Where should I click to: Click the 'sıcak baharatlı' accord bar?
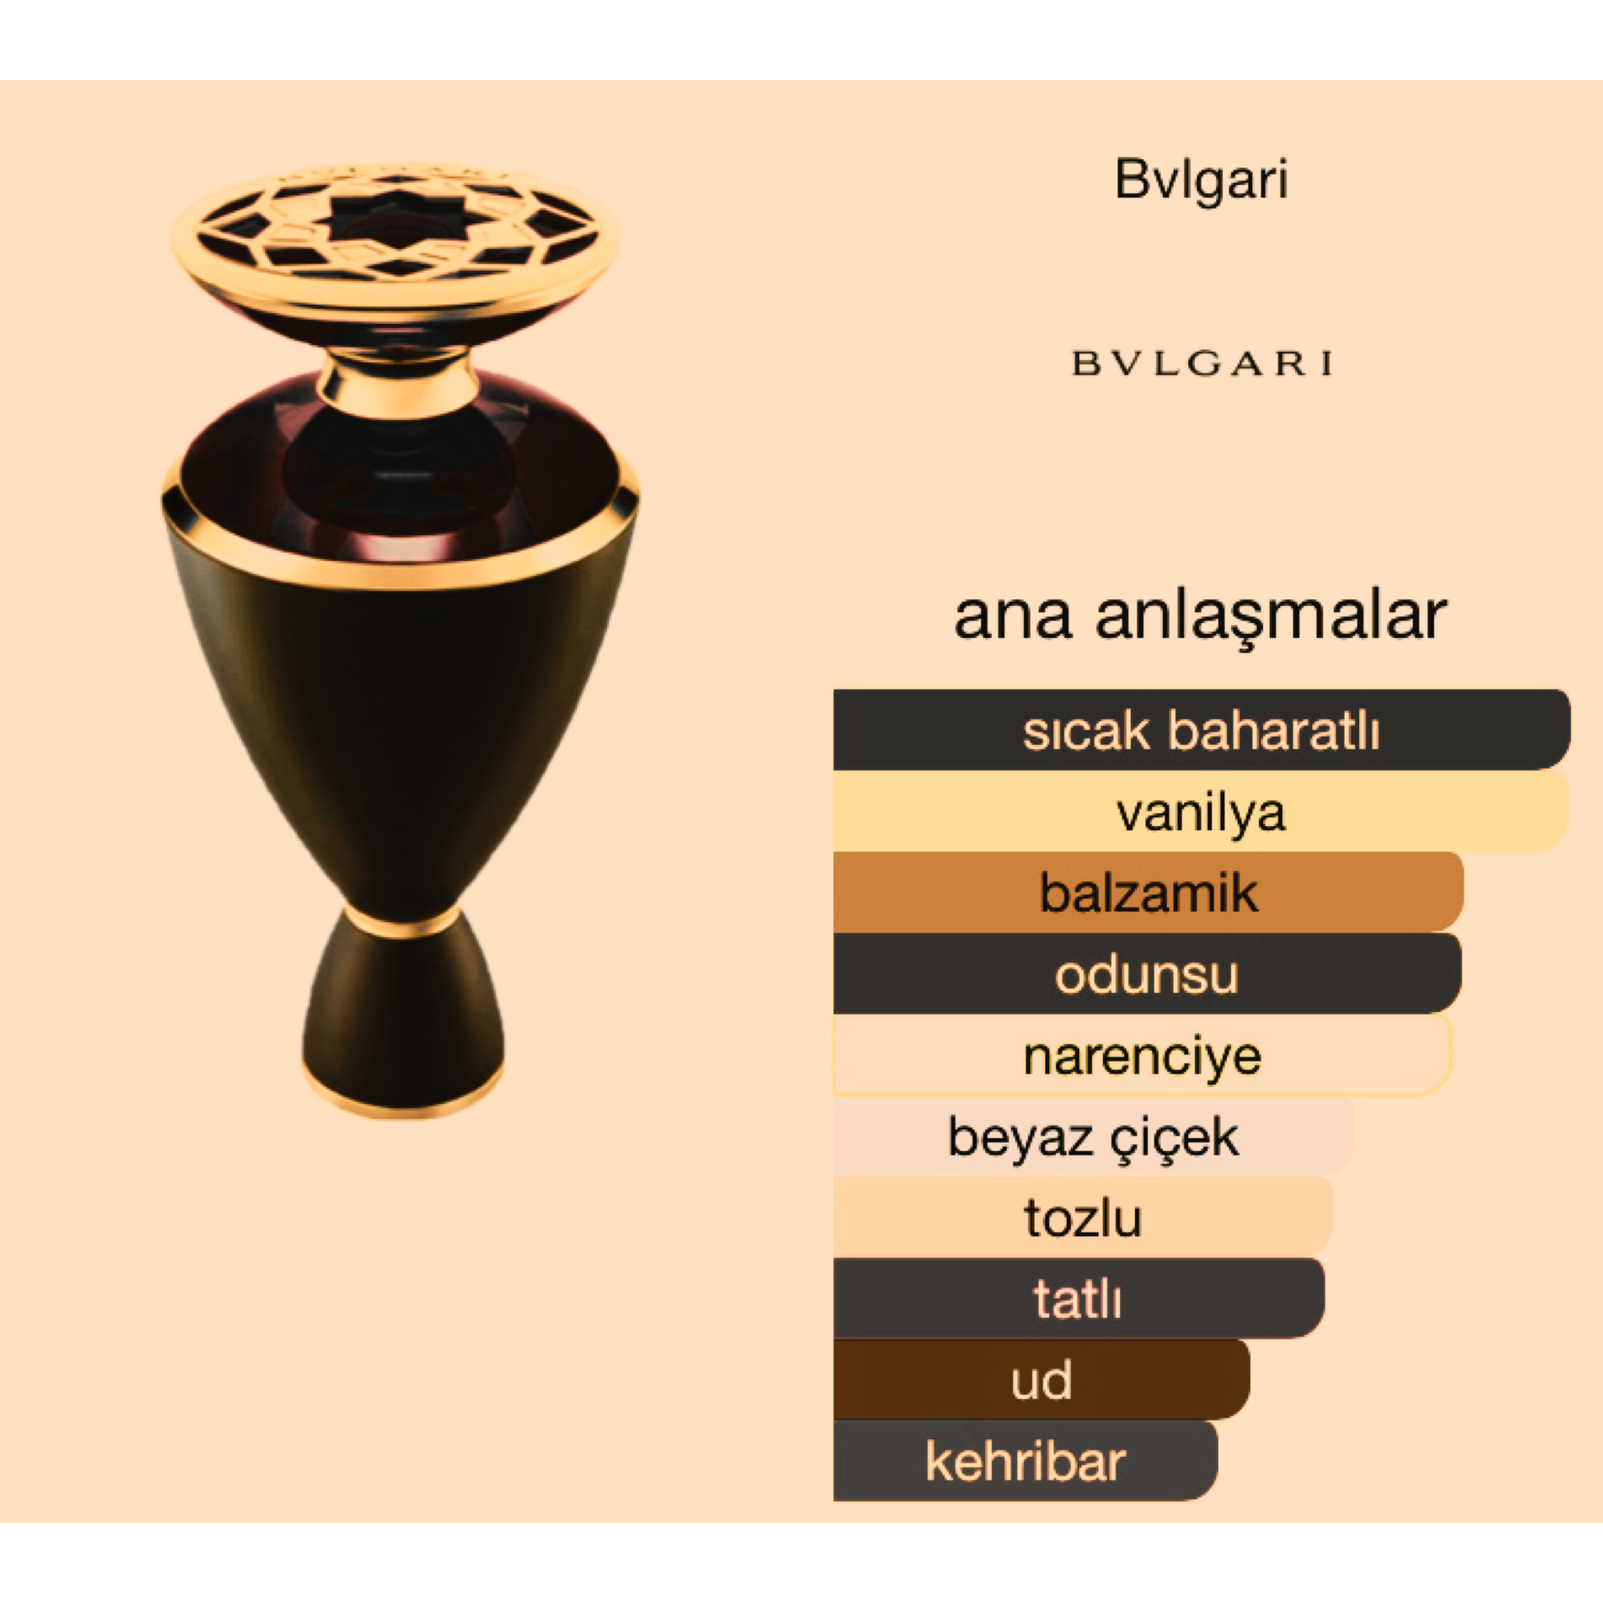pyautogui.click(x=1202, y=729)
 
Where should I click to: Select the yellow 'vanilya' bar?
pyautogui.click(x=1202, y=811)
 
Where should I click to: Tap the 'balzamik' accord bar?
pyautogui.click(x=1148, y=892)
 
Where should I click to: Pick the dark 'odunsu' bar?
pyautogui.click(x=1147, y=973)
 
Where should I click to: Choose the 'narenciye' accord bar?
pyautogui.click(x=1143, y=1055)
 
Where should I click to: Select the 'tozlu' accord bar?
pyautogui.click(x=1083, y=1217)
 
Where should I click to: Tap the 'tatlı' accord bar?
pyautogui.click(x=1079, y=1298)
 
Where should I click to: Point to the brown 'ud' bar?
pyautogui.click(x=1041, y=1380)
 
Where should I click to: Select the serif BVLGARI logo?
pyautogui.click(x=1202, y=363)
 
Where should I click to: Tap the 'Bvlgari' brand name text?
pyautogui.click(x=1202, y=181)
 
